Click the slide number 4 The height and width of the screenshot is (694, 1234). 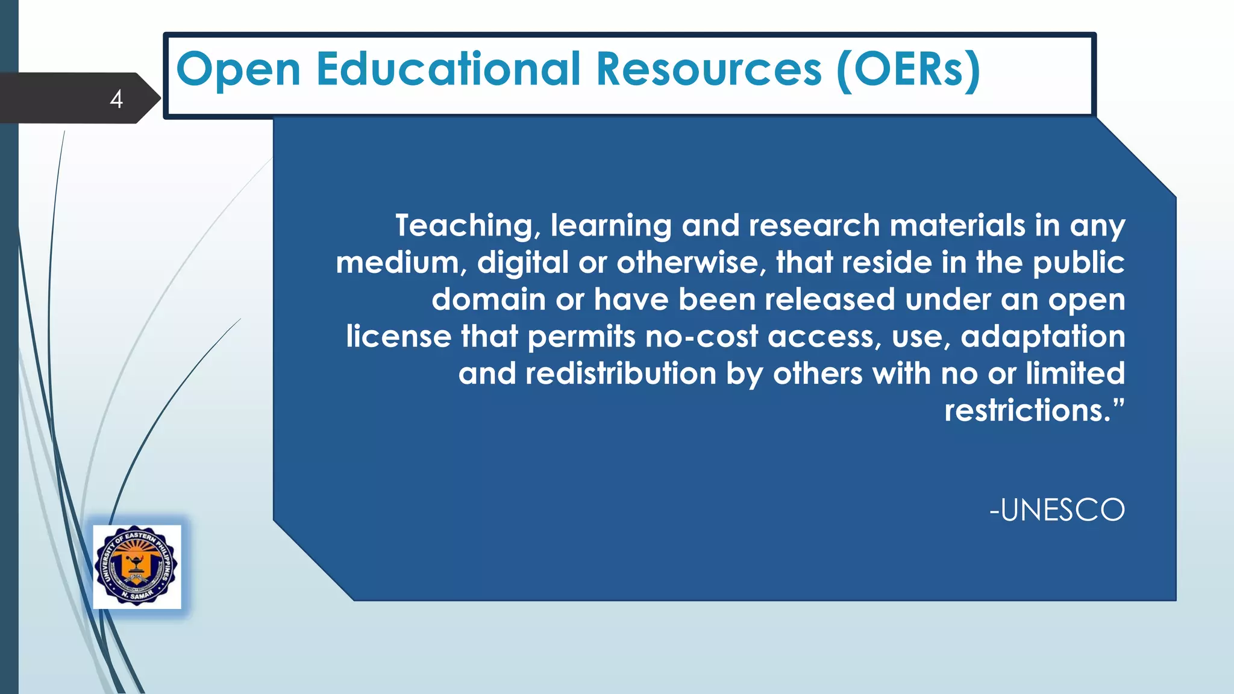(x=116, y=99)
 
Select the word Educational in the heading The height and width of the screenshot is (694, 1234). (x=448, y=69)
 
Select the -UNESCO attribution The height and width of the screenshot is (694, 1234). (x=1057, y=510)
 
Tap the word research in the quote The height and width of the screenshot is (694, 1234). (x=814, y=225)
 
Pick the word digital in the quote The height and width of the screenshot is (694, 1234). (x=523, y=263)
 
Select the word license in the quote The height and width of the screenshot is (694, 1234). (x=398, y=336)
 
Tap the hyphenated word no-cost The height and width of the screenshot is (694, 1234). (x=701, y=337)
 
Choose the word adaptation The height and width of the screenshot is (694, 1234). (x=1042, y=337)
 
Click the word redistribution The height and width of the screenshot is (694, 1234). (x=621, y=374)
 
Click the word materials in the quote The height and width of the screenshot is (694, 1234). (x=957, y=225)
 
